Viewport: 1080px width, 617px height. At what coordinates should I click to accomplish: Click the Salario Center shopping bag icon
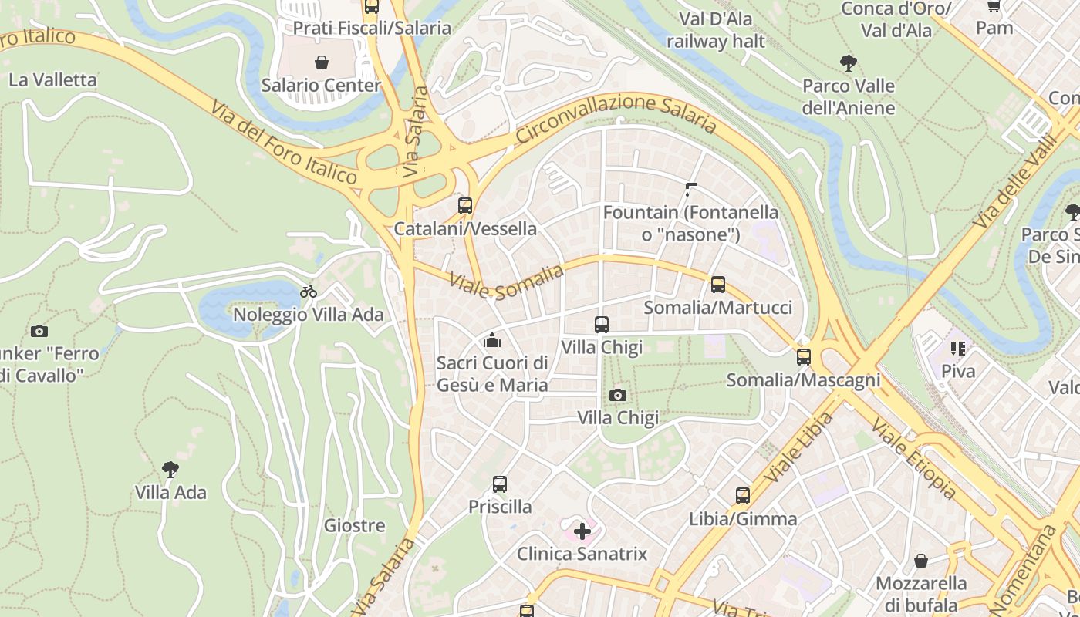click(x=321, y=62)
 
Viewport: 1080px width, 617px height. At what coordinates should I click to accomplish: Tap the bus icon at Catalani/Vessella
click(x=464, y=206)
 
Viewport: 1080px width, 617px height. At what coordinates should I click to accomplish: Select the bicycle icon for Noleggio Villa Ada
click(x=309, y=292)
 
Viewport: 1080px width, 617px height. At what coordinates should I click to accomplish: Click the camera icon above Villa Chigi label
click(x=617, y=396)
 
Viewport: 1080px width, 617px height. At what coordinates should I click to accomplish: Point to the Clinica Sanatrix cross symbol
click(x=582, y=531)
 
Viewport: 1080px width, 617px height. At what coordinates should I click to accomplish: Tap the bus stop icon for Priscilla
click(x=500, y=484)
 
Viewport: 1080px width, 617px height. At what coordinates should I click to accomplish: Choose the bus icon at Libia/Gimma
click(x=743, y=496)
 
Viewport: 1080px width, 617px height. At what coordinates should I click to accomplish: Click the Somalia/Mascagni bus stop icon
click(x=804, y=357)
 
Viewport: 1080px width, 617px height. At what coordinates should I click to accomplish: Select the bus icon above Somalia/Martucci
click(x=718, y=285)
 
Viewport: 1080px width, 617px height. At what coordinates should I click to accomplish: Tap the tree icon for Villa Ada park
click(x=170, y=469)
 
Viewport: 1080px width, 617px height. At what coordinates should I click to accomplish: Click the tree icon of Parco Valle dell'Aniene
click(x=849, y=62)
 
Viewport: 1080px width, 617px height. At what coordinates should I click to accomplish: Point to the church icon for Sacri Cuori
click(x=492, y=339)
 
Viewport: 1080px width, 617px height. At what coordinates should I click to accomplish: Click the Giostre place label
click(x=354, y=526)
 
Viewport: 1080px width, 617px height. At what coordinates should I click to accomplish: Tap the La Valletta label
click(x=52, y=80)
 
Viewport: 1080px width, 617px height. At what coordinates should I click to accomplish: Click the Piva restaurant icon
click(x=958, y=349)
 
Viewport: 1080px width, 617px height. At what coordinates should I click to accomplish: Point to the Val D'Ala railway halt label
click(x=716, y=29)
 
